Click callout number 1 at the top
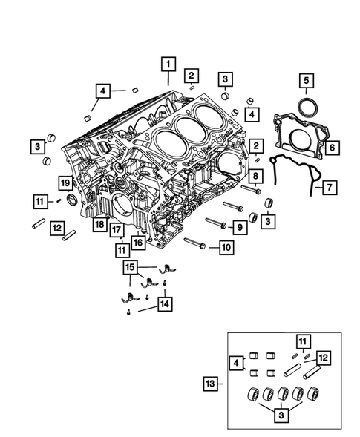(169, 64)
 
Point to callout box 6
(332, 148)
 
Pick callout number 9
(240, 226)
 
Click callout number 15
(130, 266)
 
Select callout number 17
(117, 231)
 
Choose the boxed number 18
(99, 223)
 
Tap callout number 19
(65, 183)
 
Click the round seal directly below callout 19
(71, 200)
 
